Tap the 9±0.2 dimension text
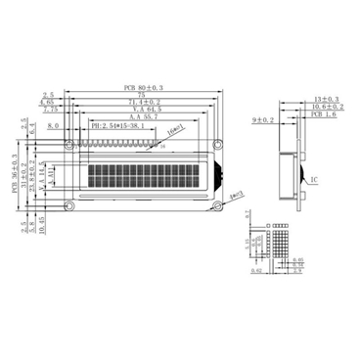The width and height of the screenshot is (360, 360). pos(263,120)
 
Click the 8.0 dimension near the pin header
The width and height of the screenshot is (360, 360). pos(52,126)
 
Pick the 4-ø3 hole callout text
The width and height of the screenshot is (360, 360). pos(235,197)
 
